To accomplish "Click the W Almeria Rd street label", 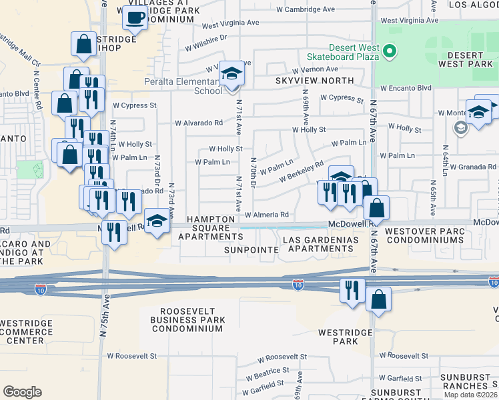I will pyautogui.click(x=266, y=215).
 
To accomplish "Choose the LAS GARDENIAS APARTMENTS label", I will pyautogui.click(x=318, y=243).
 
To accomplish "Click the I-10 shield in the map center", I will pyautogui.click(x=298, y=285).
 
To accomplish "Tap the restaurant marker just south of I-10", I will pyautogui.click(x=352, y=291).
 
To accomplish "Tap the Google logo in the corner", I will pyautogui.click(x=22, y=391).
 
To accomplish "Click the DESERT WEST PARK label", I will pyautogui.click(x=465, y=59).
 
